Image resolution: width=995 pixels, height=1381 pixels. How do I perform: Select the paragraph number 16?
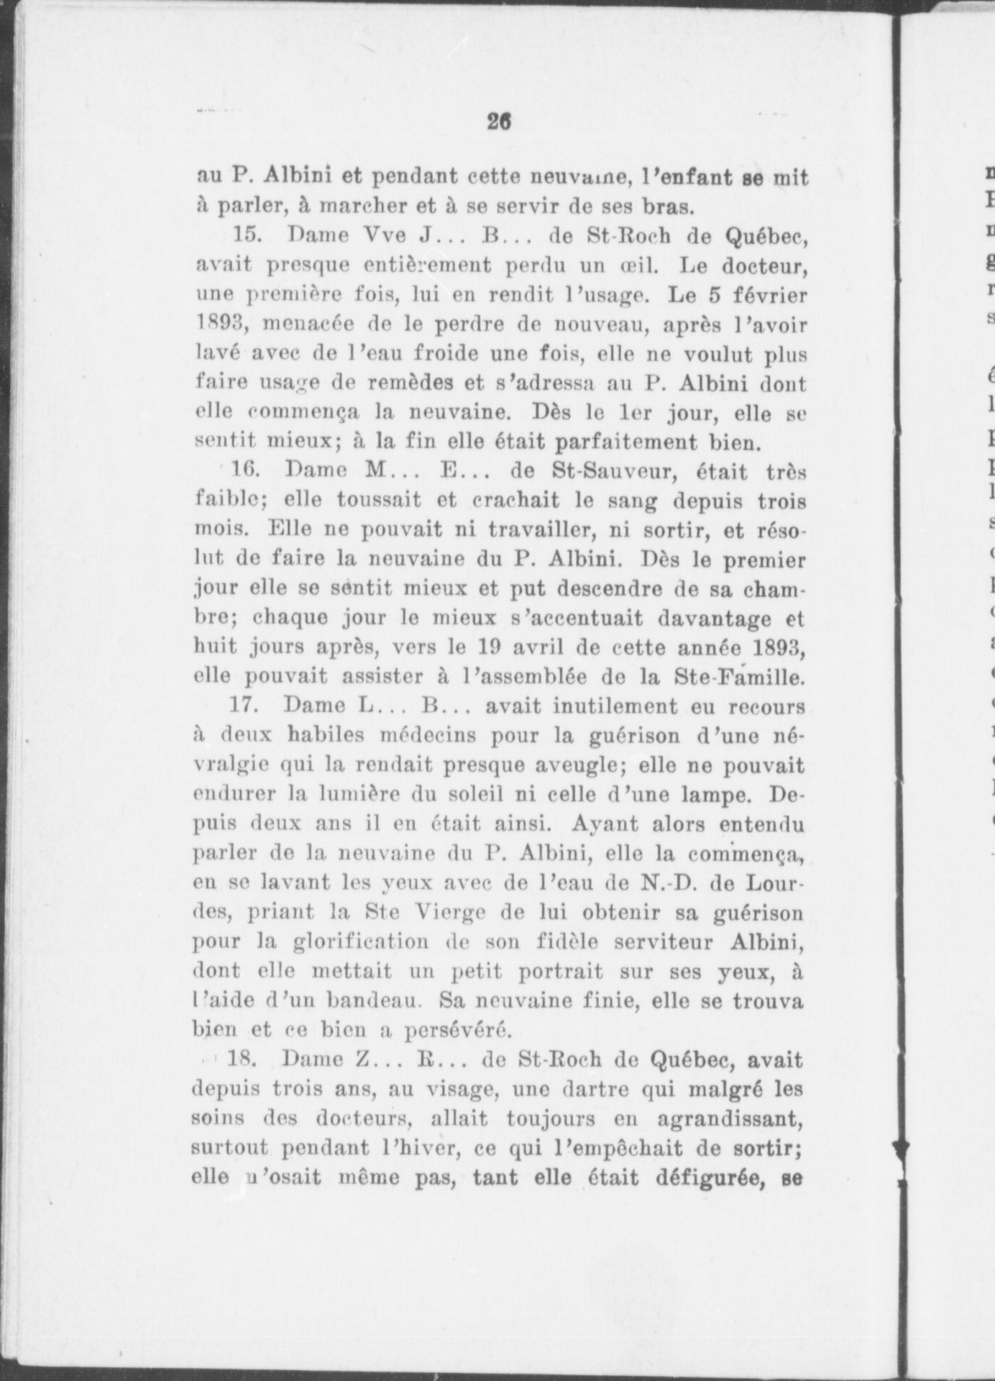click(x=246, y=472)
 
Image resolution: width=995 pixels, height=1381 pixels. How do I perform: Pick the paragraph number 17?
click(x=245, y=706)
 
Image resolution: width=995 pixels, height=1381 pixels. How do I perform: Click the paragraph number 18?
click(x=245, y=1060)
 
